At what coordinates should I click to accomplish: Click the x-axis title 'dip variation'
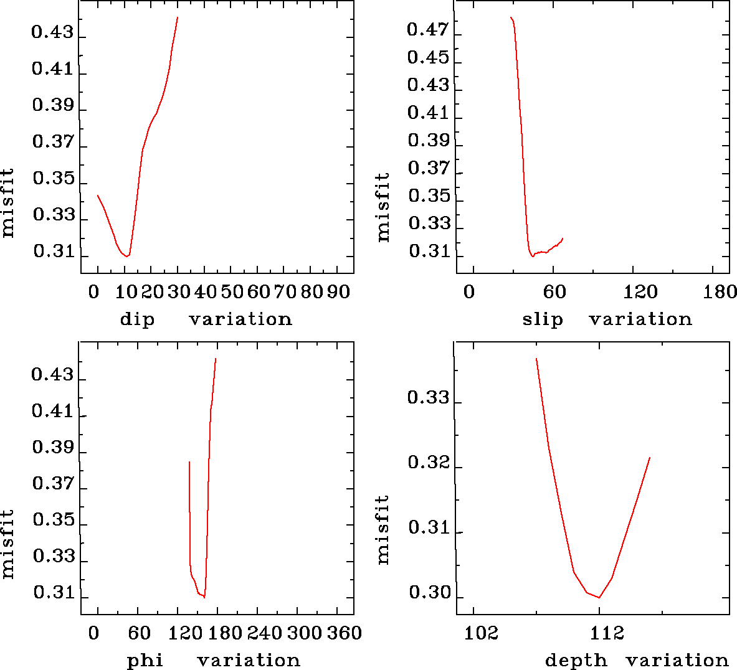click(206, 319)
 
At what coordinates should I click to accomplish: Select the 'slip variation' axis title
click(607, 319)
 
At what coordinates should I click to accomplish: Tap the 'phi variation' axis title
click(213, 660)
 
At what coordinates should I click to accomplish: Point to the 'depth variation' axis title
click(636, 660)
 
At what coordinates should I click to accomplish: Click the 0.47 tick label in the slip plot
click(428, 29)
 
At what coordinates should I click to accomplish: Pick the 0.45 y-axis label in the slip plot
click(428, 57)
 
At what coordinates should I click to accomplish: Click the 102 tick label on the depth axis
click(482, 633)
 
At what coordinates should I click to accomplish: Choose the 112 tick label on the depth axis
click(607, 633)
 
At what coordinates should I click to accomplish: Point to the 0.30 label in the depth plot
click(429, 593)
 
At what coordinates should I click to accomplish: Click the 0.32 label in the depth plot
click(429, 463)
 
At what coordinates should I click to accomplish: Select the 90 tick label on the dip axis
click(338, 291)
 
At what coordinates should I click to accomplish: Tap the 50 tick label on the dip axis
click(231, 291)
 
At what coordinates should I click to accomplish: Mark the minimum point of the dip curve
click(127, 256)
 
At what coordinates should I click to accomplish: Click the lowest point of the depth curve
click(599, 598)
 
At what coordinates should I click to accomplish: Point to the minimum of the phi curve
click(204, 597)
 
